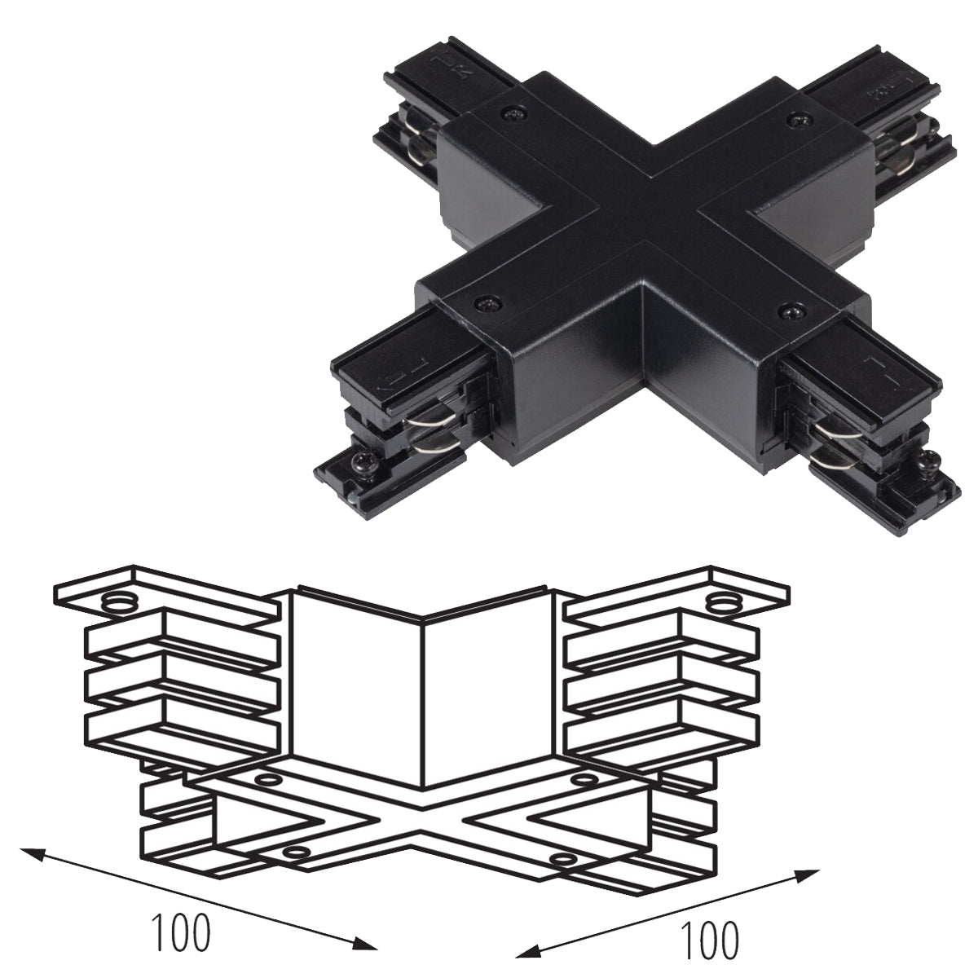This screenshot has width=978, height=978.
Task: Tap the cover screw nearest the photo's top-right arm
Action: [x=797, y=119]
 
